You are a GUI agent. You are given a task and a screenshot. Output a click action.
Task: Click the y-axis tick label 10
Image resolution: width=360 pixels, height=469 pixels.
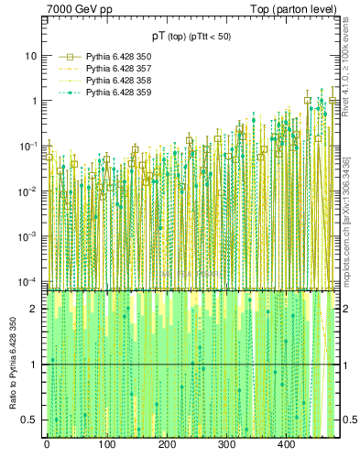pos(29,56)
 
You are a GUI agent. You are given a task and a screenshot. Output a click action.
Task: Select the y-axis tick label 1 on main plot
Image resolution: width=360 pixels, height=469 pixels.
pos(33,101)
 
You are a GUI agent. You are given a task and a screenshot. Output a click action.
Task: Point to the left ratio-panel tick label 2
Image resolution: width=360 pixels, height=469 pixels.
pos(33,310)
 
